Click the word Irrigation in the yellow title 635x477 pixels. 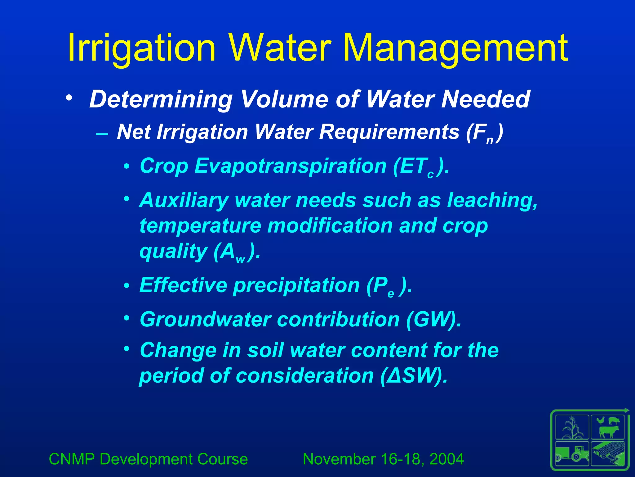[141, 48]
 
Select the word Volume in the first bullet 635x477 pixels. [284, 99]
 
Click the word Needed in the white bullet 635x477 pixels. [485, 99]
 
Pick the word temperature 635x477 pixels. [200, 226]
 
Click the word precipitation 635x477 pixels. [296, 285]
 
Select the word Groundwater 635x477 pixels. [205, 319]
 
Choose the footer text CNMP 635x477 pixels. [72, 459]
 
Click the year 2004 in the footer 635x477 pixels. [446, 459]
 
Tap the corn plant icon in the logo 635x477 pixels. [572, 428]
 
